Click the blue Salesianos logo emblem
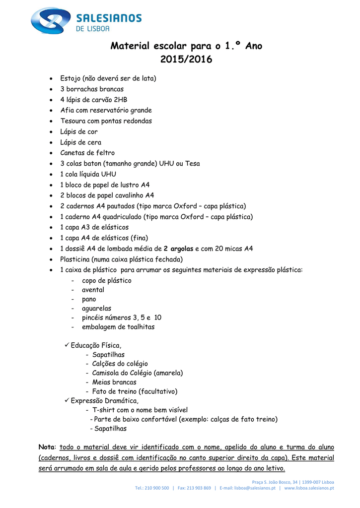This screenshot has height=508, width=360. pos(50,20)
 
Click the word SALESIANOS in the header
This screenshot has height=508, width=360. pos(108,18)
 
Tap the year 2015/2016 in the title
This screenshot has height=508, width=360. pos(186,60)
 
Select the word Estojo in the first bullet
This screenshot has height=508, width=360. pos(71,78)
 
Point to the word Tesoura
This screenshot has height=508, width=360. pos(74,121)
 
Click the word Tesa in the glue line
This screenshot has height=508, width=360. pos(193,164)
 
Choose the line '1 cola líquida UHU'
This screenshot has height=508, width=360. pos(88,174)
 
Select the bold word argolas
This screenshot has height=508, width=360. pos(182,249)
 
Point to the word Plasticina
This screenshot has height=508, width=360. pos(75,259)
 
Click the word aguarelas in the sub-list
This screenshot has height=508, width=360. pos(96,309)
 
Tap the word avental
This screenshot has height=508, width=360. pos(93,290)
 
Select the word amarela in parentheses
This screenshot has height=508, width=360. pos(168,373)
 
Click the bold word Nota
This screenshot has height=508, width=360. pos(48,447)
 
